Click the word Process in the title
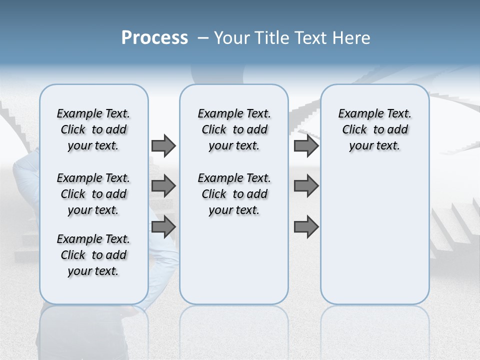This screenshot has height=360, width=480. (154, 38)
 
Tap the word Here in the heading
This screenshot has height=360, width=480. (352, 38)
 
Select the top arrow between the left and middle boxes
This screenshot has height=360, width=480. (163, 145)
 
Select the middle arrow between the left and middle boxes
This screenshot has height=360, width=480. (163, 186)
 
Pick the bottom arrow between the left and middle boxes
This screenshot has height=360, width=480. (163, 226)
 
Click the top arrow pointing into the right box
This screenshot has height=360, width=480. (306, 145)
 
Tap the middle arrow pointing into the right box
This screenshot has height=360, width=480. (306, 186)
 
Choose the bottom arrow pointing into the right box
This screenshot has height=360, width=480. (306, 226)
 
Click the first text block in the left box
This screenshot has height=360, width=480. (93, 129)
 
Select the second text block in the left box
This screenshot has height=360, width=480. (93, 194)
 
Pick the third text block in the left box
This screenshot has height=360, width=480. (93, 255)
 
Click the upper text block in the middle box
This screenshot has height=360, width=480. (234, 129)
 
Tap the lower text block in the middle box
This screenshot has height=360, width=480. (234, 194)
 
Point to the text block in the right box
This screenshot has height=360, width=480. (375, 129)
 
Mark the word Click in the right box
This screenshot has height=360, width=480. (354, 130)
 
